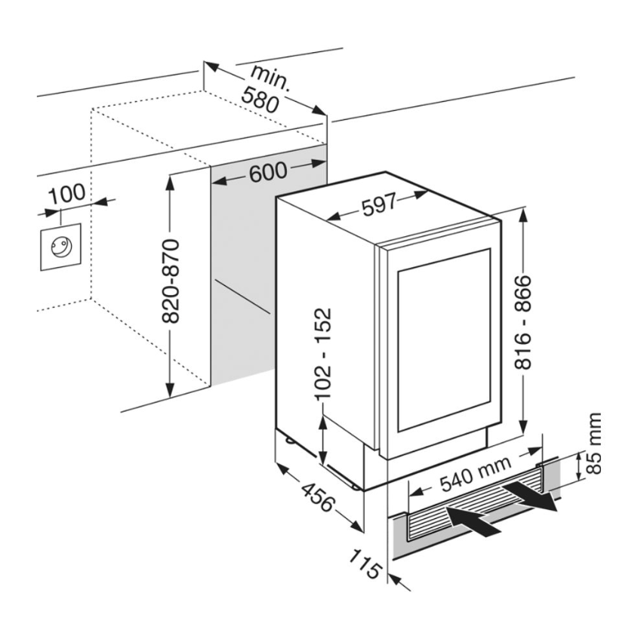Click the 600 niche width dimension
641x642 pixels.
click(268, 173)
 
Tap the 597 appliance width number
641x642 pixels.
click(378, 205)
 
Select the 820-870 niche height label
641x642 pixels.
click(172, 281)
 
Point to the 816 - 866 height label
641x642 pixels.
click(524, 322)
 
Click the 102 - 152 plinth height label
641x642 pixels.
click(323, 353)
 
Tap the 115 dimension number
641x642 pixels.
click(365, 563)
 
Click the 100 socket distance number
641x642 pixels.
click(67, 194)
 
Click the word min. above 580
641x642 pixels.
click(271, 77)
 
